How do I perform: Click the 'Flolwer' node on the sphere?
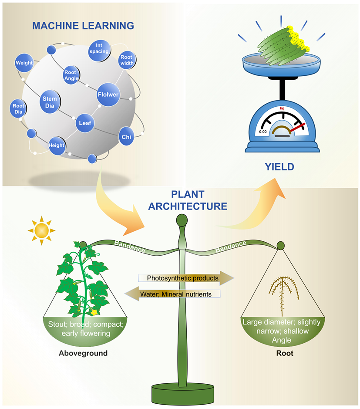click(x=108, y=95)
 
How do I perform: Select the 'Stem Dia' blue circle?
click(x=49, y=102)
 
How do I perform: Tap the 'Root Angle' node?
click(x=71, y=75)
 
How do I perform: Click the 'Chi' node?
click(x=126, y=137)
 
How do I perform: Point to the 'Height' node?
click(x=57, y=145)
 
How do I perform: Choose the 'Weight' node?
click(x=24, y=63)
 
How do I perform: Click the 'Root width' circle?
click(x=126, y=60)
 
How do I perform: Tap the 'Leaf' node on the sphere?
click(x=84, y=123)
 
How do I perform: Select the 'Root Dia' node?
click(x=18, y=108)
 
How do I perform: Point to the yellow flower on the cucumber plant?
click(x=93, y=312)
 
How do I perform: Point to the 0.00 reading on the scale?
click(x=262, y=131)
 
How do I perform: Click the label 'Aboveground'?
click(x=83, y=353)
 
